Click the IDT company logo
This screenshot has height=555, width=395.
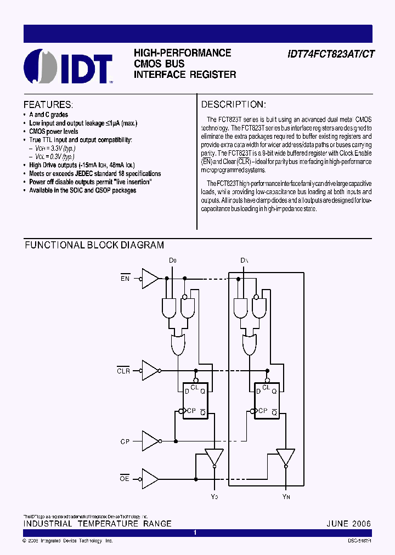[69, 67]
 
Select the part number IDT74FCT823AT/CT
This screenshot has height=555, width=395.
[331, 54]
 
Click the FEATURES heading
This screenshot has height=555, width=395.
[48, 104]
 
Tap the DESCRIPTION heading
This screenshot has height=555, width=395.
[233, 104]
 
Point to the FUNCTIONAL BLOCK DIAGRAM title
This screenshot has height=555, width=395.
[94, 245]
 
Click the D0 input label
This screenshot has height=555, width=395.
[173, 259]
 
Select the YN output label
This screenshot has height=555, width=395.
[285, 496]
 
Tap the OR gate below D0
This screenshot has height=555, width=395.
[178, 345]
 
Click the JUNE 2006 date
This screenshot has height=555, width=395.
[348, 523]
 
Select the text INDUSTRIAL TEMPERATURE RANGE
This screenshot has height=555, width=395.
[97, 523]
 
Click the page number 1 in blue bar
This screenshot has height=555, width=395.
[195, 533]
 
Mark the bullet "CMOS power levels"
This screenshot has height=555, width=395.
[54, 132]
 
